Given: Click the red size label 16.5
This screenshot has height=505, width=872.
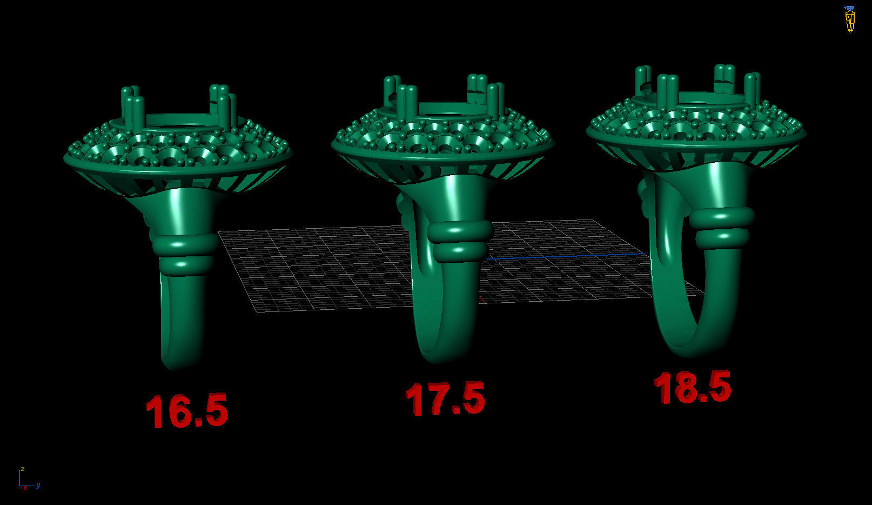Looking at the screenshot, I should (x=186, y=410).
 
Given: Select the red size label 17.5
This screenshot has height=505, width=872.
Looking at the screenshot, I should (x=445, y=398).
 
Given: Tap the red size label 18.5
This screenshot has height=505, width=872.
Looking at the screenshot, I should (x=693, y=387).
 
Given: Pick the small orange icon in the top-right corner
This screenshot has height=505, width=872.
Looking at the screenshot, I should (x=850, y=19).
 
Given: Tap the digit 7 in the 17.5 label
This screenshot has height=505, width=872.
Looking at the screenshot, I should (x=436, y=400).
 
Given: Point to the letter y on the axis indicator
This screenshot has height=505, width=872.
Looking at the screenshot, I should (x=38, y=485).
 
